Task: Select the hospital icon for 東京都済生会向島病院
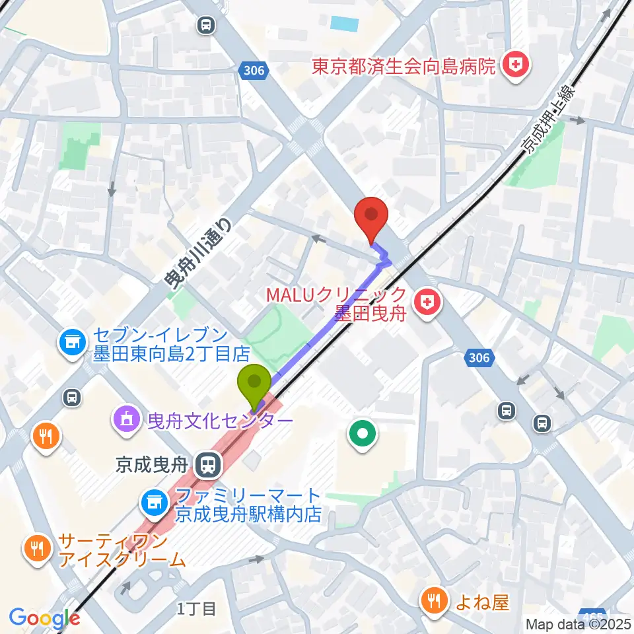click(x=512, y=65)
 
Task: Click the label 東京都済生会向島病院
click(x=404, y=66)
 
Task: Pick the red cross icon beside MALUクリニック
click(x=427, y=303)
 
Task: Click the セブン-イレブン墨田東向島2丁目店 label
click(x=162, y=345)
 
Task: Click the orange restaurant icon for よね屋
click(x=433, y=600)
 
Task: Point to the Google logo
click(x=44, y=618)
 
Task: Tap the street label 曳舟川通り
click(x=199, y=254)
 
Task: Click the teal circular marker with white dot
click(x=363, y=435)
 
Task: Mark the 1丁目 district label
click(x=197, y=608)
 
